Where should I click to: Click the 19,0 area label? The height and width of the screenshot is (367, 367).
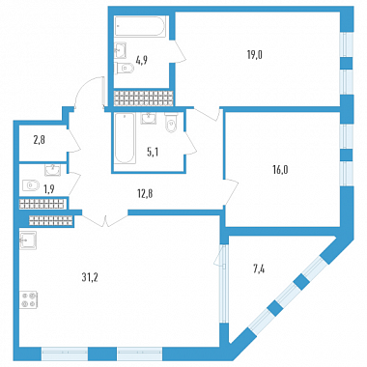(255, 55)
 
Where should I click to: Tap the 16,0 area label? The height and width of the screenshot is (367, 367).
(280, 170)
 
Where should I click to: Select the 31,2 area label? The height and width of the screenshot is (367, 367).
(90, 277)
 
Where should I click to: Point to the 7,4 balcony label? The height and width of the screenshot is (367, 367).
(260, 268)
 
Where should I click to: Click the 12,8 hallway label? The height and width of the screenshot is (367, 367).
(145, 194)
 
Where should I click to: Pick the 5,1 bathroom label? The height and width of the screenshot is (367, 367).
(153, 153)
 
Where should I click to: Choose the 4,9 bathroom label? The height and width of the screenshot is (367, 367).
(142, 60)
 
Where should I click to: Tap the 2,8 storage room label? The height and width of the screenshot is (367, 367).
(39, 140)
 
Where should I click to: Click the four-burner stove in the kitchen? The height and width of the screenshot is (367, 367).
(29, 299)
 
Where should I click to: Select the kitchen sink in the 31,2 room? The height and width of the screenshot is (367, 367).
(28, 240)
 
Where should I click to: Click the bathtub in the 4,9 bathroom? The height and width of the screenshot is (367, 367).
(140, 26)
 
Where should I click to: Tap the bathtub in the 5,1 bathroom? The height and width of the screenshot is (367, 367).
(124, 138)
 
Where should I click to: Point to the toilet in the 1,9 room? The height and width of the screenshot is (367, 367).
(31, 185)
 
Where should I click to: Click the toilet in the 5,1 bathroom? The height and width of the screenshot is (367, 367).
(170, 123)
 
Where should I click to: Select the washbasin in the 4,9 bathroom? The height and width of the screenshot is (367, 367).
(121, 50)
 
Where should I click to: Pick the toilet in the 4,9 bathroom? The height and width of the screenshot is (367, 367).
(125, 68)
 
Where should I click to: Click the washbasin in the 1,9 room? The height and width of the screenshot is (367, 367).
(52, 170)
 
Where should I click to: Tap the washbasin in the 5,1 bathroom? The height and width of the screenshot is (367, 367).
(149, 118)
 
